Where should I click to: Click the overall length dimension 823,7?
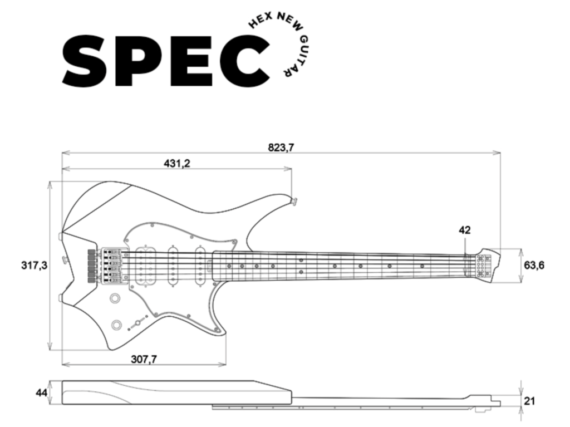click(281, 148)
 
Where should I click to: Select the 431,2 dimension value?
click(176, 163)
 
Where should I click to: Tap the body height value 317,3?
click(34, 266)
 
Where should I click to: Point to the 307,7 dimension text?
click(144, 359)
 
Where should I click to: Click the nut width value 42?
click(465, 230)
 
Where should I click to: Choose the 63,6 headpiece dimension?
click(534, 265)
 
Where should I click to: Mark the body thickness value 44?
click(41, 393)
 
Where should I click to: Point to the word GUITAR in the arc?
click(291, 56)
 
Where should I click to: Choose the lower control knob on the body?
click(118, 324)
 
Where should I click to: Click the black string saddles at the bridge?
click(91, 266)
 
